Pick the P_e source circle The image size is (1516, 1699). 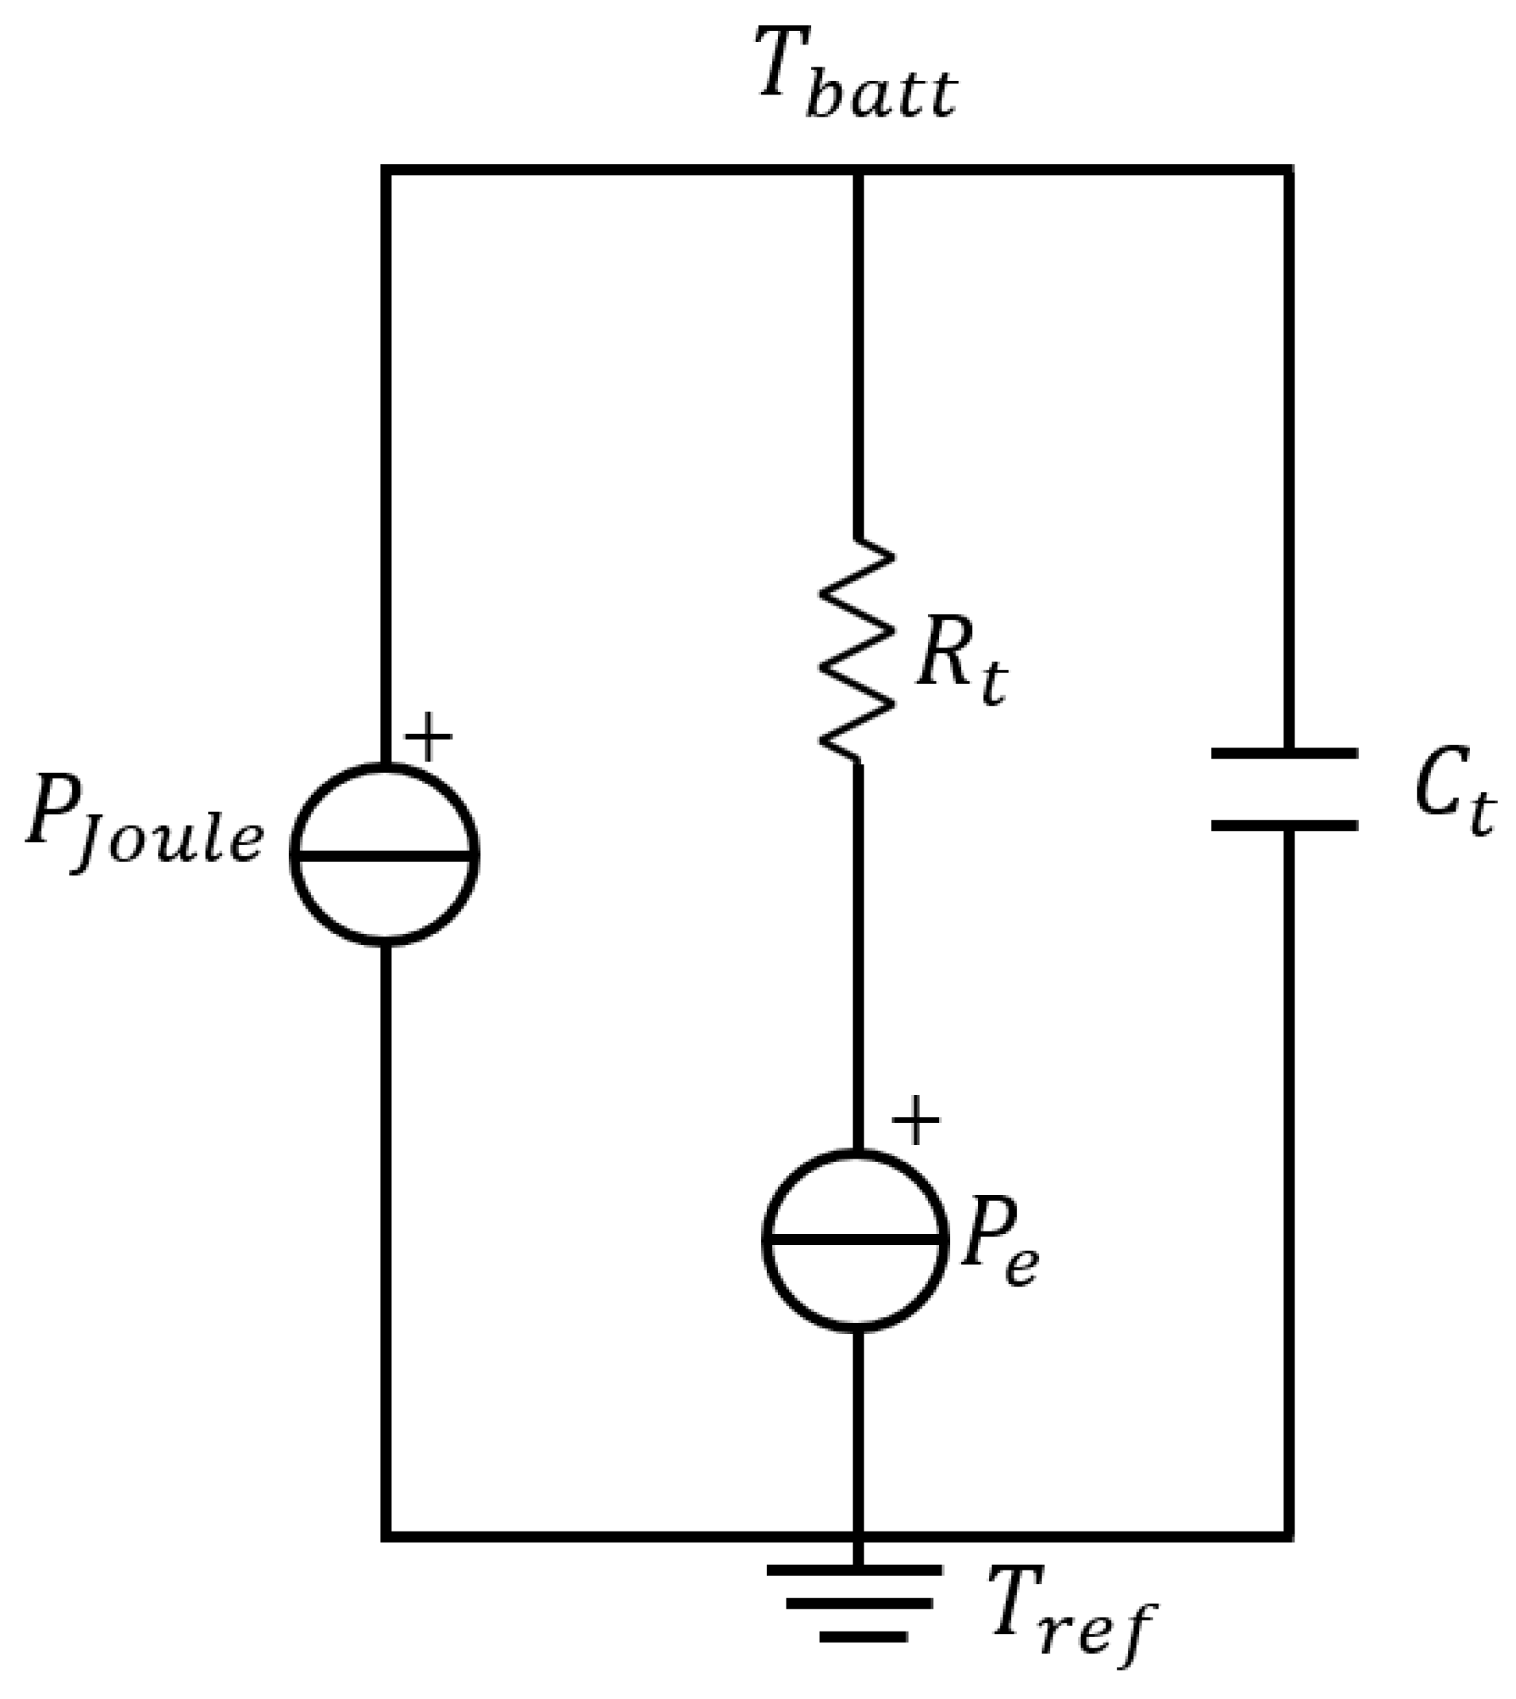(856, 1240)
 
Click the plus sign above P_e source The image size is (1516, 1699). (915, 1120)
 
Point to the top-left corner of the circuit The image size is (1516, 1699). (386, 170)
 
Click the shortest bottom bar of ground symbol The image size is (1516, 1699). (863, 1636)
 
